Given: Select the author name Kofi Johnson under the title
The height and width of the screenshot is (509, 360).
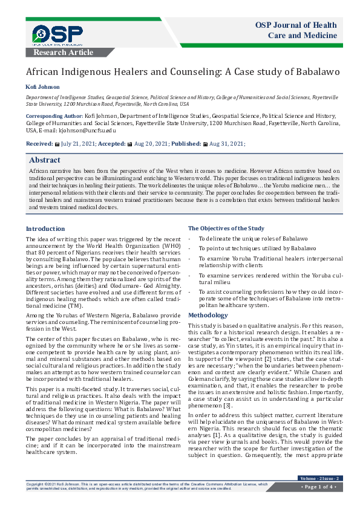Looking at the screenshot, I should [43, 86].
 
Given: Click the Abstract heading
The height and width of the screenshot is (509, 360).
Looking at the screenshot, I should [45, 160].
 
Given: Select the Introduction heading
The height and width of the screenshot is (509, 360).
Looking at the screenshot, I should [45, 229].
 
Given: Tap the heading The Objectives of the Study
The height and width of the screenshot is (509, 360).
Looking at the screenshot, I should [226, 229].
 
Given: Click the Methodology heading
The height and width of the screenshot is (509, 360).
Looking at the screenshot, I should [208, 316].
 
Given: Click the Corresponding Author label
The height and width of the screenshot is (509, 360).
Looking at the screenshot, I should [54, 115].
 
